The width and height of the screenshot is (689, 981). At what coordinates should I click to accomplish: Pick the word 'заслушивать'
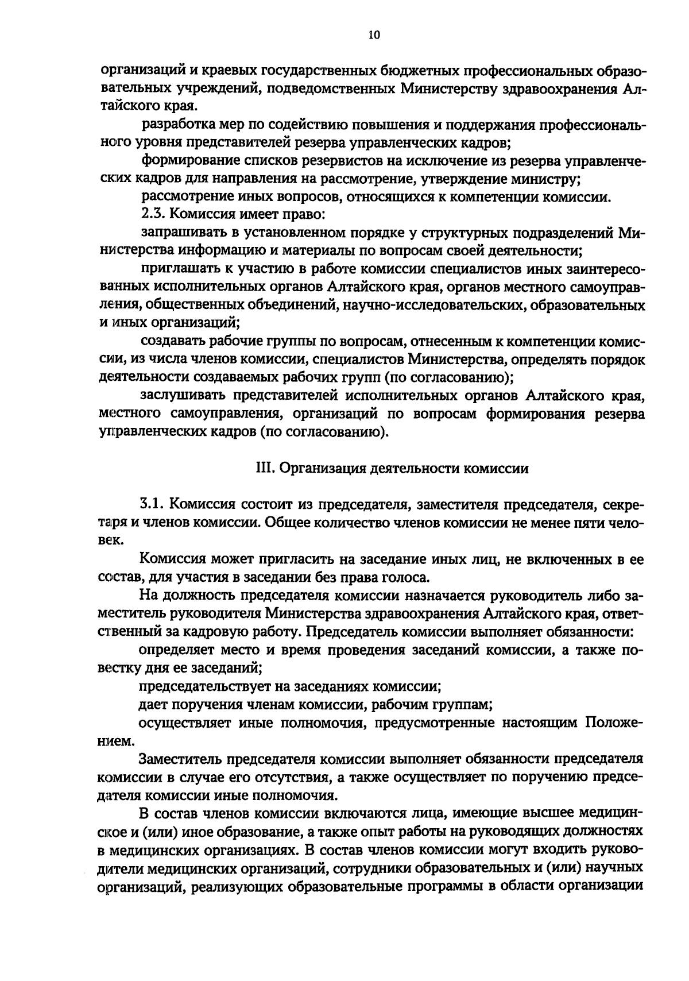click(181, 396)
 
